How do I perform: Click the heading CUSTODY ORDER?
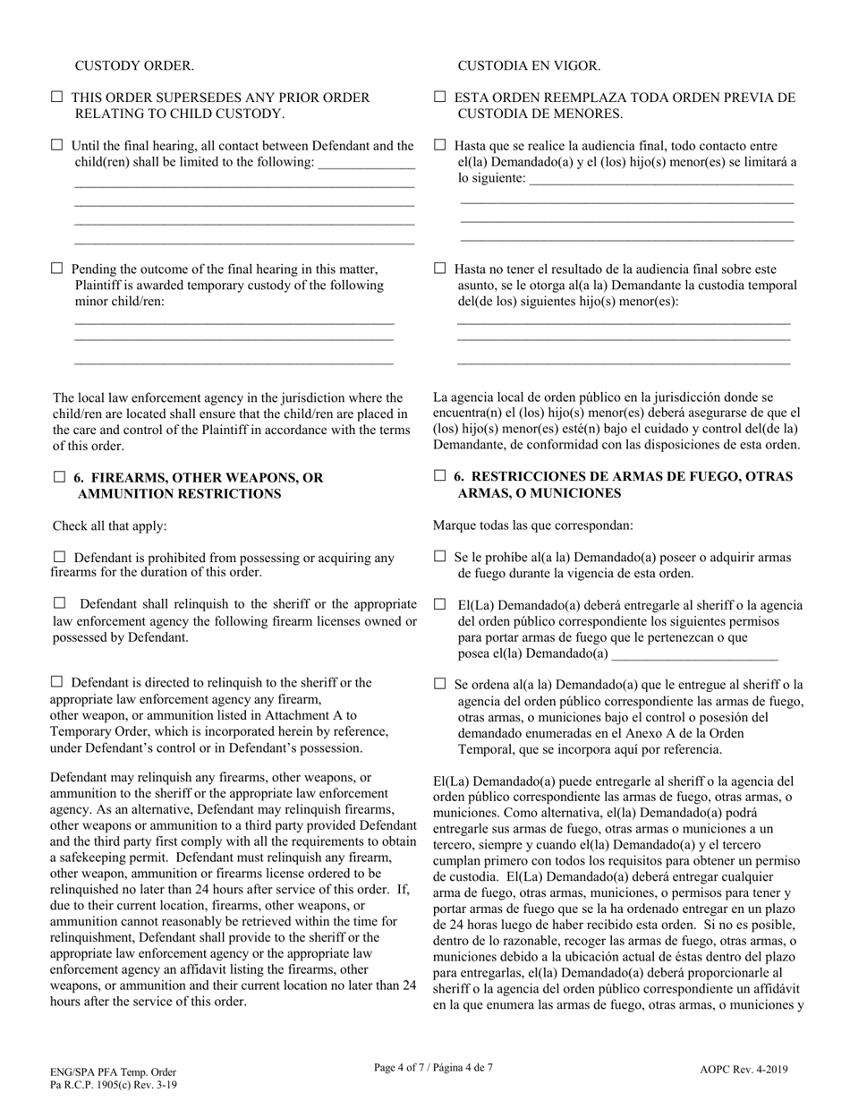[133, 66]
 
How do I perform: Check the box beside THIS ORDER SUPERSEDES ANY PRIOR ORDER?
[58, 97]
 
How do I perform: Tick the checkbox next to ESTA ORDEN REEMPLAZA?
[439, 97]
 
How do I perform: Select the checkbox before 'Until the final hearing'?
[58, 145]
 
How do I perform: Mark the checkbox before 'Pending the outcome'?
[58, 268]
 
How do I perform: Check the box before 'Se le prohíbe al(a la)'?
[439, 557]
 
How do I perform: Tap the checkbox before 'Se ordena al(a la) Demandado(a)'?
[439, 684]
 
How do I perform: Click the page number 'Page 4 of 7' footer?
[433, 1067]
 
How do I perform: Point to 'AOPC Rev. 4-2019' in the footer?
[744, 1069]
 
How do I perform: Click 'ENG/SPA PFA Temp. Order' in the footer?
[113, 1071]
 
